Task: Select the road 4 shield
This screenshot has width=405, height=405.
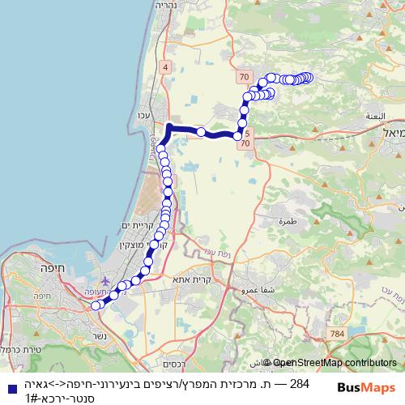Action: (x=165, y=67)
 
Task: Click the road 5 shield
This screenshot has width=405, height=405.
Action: (x=247, y=131)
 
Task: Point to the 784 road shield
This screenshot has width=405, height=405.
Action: (x=337, y=332)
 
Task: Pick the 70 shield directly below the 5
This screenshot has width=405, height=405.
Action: (x=245, y=143)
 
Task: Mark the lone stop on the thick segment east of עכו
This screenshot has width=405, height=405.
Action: (x=200, y=131)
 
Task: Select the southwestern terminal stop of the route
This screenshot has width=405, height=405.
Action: (x=95, y=305)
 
